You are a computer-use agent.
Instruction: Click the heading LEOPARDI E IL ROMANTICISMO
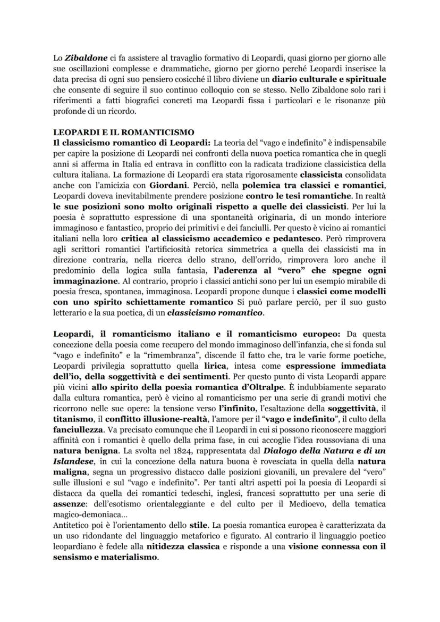click(124, 132)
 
